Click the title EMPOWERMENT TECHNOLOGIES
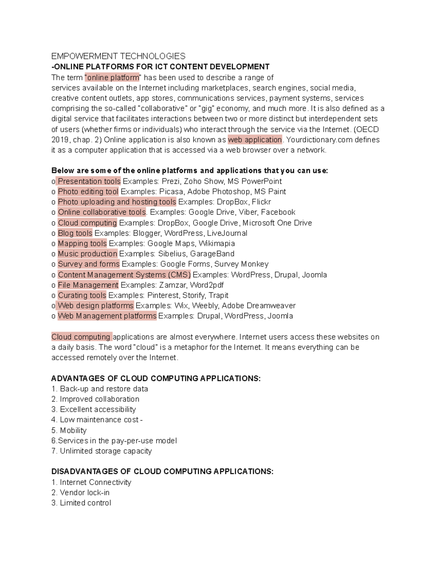pos(118,56)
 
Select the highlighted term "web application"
pos(255,140)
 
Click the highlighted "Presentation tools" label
pos(89,181)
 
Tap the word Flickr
pos(261,202)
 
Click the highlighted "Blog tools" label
pos(75,233)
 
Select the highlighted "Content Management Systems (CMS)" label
pos(124,275)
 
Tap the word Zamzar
pos(172,285)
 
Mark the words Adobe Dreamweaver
pos(259,306)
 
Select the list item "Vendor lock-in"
pos(84,493)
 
